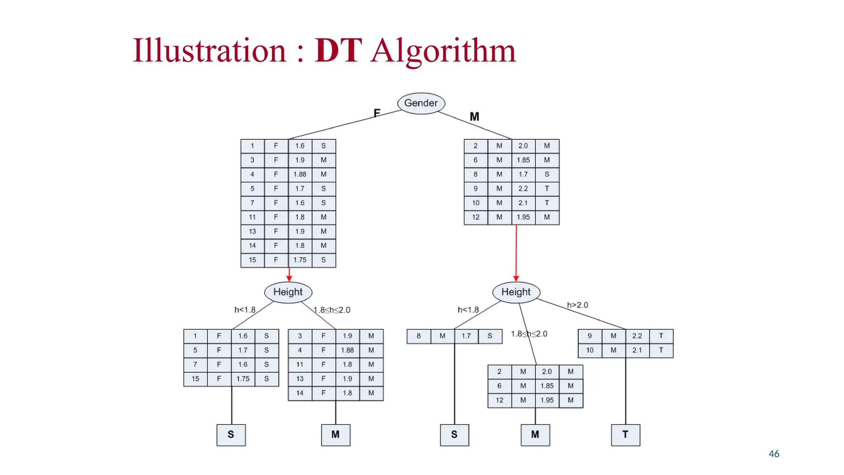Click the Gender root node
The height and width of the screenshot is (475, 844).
(x=421, y=103)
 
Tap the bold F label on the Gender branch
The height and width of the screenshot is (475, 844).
(x=377, y=113)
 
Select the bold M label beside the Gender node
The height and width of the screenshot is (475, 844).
(x=474, y=117)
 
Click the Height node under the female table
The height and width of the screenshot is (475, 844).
(x=288, y=292)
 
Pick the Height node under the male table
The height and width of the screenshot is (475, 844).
(x=516, y=292)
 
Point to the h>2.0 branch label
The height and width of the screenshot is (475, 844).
(x=577, y=305)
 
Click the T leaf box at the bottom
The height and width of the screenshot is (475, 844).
(x=625, y=435)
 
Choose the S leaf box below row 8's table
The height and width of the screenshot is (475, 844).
(x=454, y=435)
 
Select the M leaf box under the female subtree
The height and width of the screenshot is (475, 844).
(x=335, y=435)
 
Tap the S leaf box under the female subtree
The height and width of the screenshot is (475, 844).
(x=231, y=435)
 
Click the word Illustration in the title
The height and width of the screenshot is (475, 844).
(x=209, y=51)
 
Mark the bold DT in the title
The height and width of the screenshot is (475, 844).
(x=338, y=51)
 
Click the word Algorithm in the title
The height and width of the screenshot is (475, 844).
(x=443, y=51)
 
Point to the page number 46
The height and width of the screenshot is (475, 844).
(x=774, y=454)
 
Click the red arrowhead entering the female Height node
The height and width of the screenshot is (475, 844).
(x=289, y=278)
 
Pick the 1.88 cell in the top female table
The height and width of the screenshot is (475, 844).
(x=300, y=174)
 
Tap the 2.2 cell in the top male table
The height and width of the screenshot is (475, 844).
(x=523, y=188)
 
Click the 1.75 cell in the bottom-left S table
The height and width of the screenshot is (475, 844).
(x=243, y=379)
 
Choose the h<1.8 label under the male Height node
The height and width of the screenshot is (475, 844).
(x=468, y=310)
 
